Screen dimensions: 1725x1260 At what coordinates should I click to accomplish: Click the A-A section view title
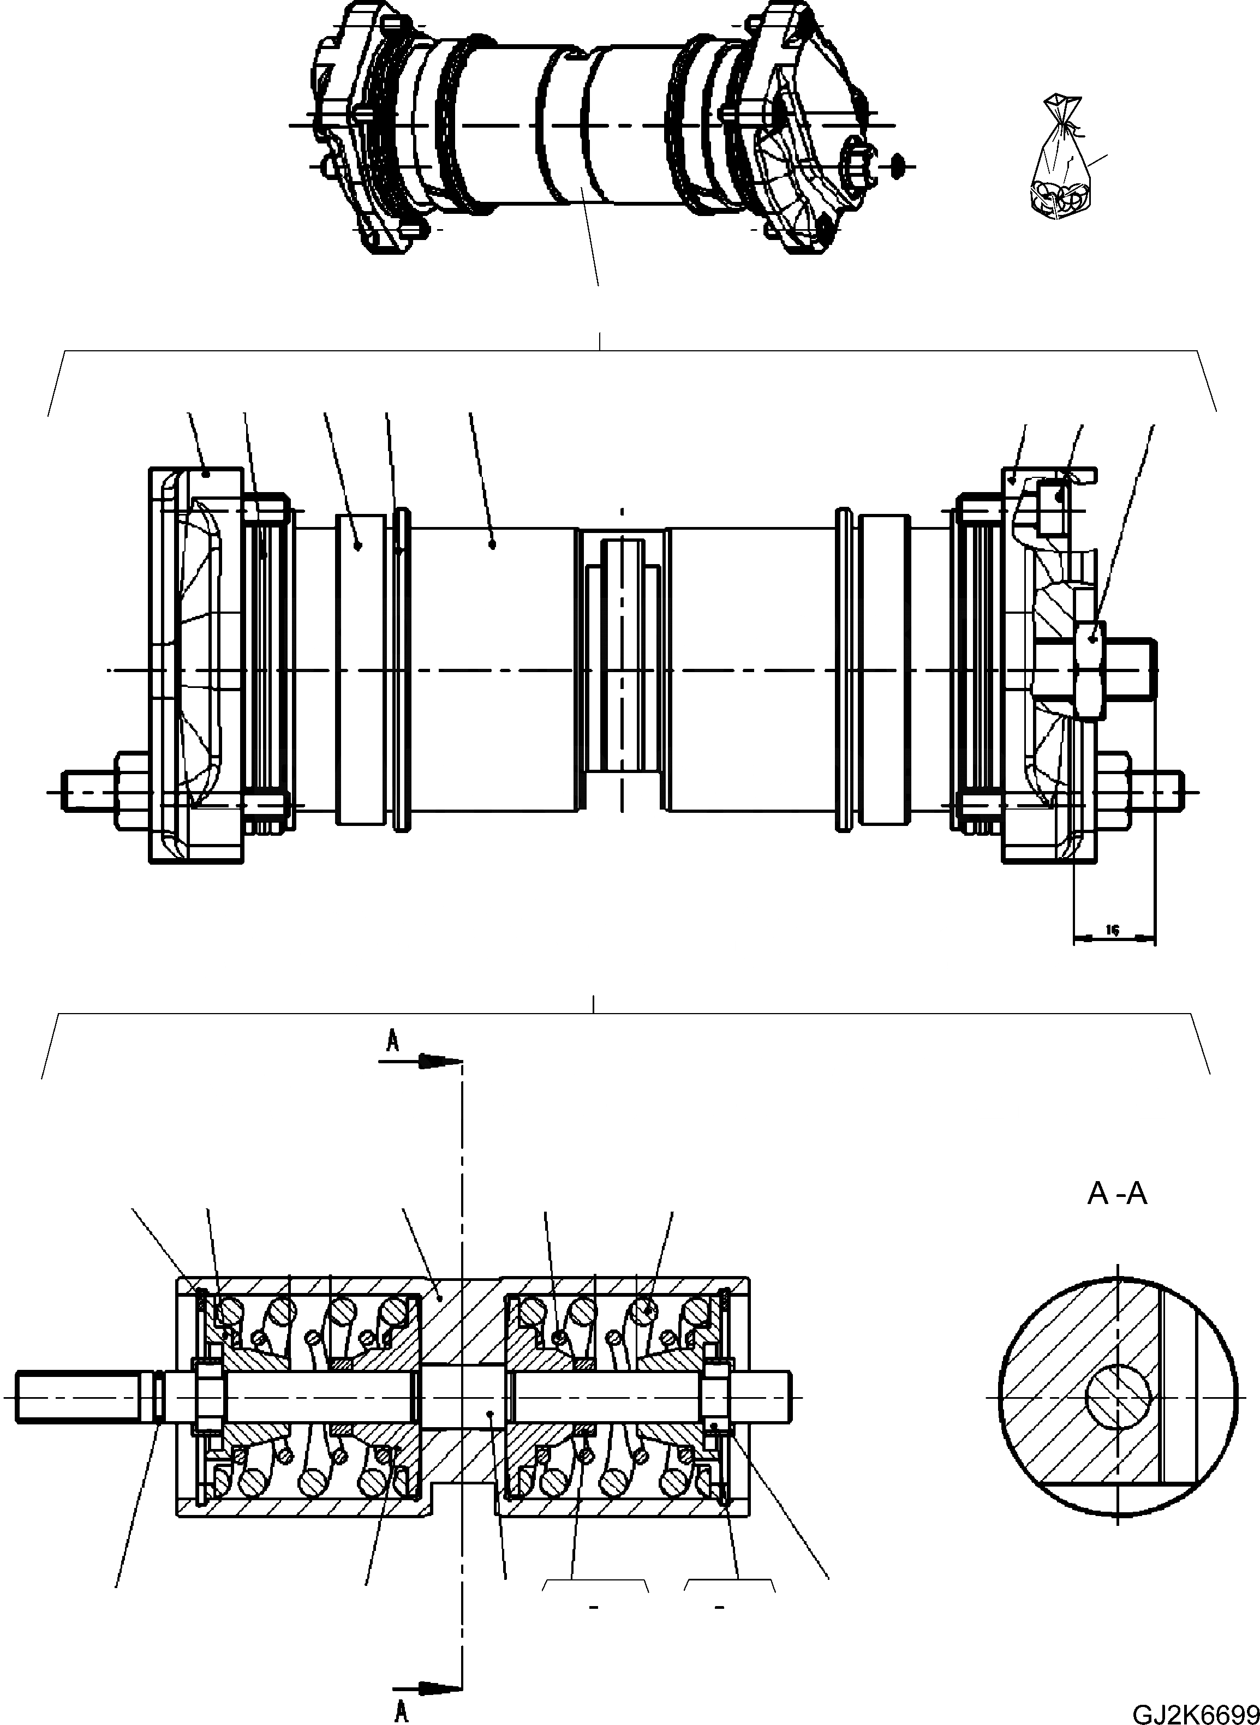point(1116,1194)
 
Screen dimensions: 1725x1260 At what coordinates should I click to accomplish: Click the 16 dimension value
point(1113,930)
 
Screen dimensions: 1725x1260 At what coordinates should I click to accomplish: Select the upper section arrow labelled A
point(421,1060)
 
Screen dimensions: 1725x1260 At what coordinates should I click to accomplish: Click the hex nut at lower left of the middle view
point(134,791)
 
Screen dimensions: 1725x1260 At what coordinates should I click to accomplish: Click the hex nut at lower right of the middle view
point(1114,791)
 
